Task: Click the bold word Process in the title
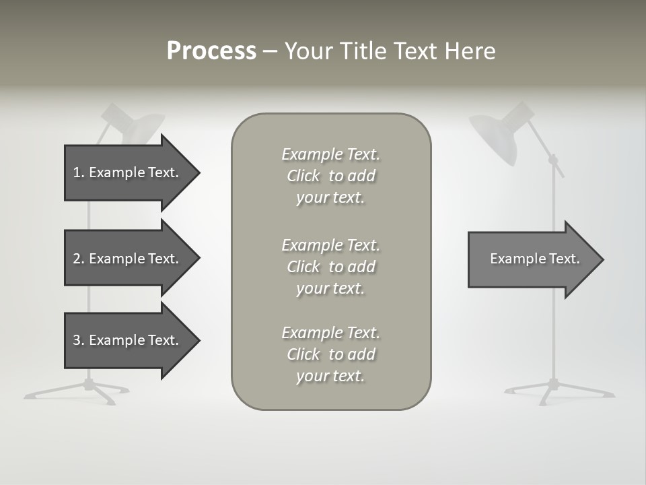pyautogui.click(x=211, y=51)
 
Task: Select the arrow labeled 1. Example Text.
pyautogui.click(x=128, y=172)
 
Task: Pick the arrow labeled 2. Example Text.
pyautogui.click(x=128, y=259)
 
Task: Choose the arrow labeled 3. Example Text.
pyautogui.click(x=128, y=340)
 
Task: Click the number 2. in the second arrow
pyautogui.click(x=79, y=259)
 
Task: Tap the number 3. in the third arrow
pyautogui.click(x=79, y=340)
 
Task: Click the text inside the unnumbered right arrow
pyautogui.click(x=534, y=259)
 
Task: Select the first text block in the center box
pyautogui.click(x=330, y=176)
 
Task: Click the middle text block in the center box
pyautogui.click(x=330, y=267)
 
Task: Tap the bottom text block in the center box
pyautogui.click(x=330, y=354)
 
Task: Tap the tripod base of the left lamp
pyautogui.click(x=87, y=389)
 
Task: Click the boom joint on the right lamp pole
pyautogui.click(x=554, y=160)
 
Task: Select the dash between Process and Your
pyautogui.click(x=270, y=51)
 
